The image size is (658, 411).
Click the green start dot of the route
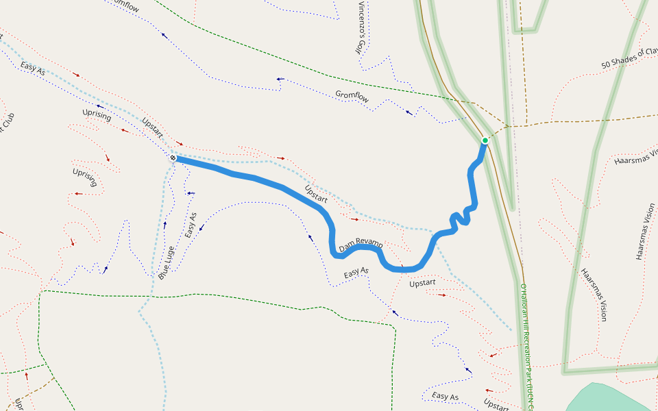(x=485, y=140)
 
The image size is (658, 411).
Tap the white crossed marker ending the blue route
(x=173, y=158)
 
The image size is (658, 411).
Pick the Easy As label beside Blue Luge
(x=191, y=225)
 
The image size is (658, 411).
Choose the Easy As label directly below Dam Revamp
(x=356, y=272)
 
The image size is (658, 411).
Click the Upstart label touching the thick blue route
(x=315, y=195)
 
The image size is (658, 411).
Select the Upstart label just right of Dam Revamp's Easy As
(x=422, y=283)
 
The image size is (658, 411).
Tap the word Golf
(x=358, y=45)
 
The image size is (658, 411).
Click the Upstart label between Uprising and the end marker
(x=152, y=127)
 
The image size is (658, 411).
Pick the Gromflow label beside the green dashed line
(x=352, y=97)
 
